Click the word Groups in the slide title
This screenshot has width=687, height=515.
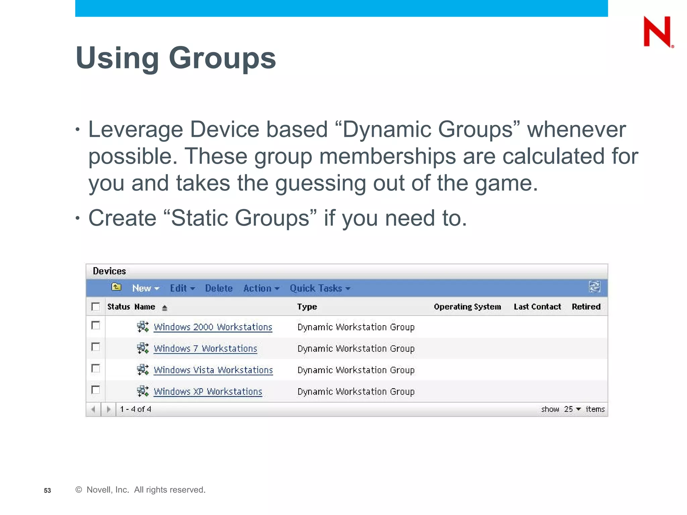(222, 58)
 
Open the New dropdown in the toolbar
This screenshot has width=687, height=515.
(145, 288)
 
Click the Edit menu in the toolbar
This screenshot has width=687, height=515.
(182, 288)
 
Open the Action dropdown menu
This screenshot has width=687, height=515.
(261, 288)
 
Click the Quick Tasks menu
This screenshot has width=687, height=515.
(320, 288)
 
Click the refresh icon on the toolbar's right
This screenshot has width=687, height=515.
(594, 287)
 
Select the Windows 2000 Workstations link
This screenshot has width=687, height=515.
(213, 327)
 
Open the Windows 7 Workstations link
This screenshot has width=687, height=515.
(205, 349)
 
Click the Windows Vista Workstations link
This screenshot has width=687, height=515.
(213, 370)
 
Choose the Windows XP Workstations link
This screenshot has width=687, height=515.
(208, 392)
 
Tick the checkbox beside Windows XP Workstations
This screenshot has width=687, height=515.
(96, 390)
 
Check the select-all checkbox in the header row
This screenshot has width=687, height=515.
(96, 306)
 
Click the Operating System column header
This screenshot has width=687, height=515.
(467, 307)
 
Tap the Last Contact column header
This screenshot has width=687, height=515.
(537, 307)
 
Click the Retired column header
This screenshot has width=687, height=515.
(586, 307)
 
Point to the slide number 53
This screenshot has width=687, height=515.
(47, 491)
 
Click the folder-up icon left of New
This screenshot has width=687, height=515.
(116, 287)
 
